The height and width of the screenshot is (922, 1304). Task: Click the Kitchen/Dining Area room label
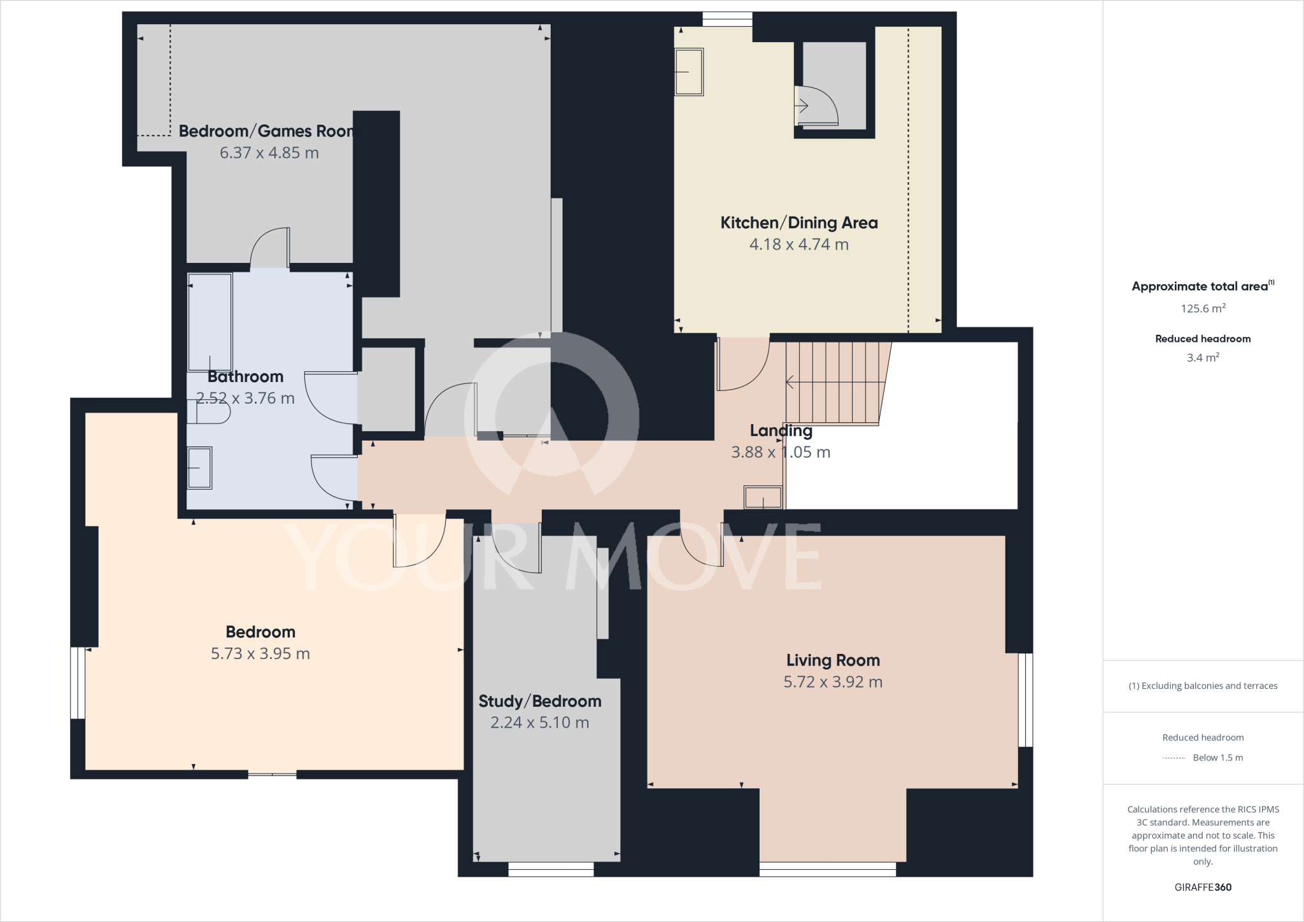[x=798, y=223]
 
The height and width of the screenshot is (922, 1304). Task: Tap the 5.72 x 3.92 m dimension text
[x=832, y=682]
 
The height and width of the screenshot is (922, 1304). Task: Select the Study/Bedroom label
[x=539, y=701]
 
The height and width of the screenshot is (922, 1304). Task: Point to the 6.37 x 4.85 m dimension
[x=269, y=153]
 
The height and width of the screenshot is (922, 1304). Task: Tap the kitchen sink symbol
[x=688, y=72]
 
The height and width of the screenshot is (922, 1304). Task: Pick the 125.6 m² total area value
[x=1202, y=309]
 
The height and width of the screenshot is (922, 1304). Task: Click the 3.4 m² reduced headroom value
[x=1202, y=358]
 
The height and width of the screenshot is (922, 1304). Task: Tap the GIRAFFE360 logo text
[x=1202, y=887]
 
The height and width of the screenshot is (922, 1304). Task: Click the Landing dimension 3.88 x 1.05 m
[x=780, y=453]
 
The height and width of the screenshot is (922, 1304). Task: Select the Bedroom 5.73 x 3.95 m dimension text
[x=260, y=654]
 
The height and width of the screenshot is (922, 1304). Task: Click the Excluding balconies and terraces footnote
[x=1202, y=686]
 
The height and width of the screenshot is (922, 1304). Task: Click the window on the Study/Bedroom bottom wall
[x=551, y=869]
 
